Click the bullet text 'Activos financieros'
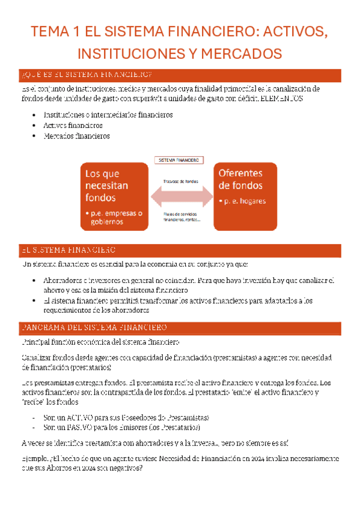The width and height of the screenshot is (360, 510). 73,125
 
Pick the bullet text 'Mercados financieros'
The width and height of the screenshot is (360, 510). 76,136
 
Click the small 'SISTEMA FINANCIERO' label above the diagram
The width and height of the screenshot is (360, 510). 178,161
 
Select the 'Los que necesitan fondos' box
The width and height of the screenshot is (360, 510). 114,196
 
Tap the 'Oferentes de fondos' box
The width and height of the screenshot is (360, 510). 246,196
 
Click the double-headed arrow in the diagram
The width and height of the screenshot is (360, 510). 182,196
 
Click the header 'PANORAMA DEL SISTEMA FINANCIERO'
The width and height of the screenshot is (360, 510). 94,328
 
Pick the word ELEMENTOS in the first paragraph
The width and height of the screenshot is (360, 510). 282,98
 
